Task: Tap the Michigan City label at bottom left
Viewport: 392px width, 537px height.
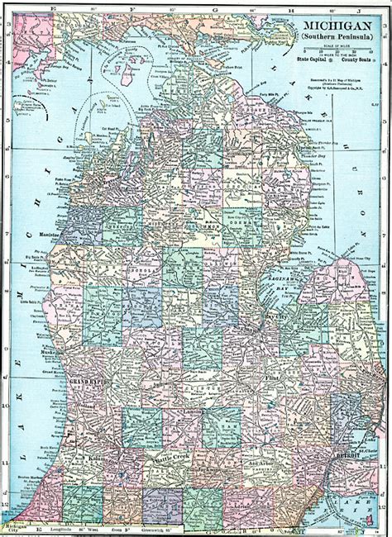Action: click(x=16, y=528)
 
